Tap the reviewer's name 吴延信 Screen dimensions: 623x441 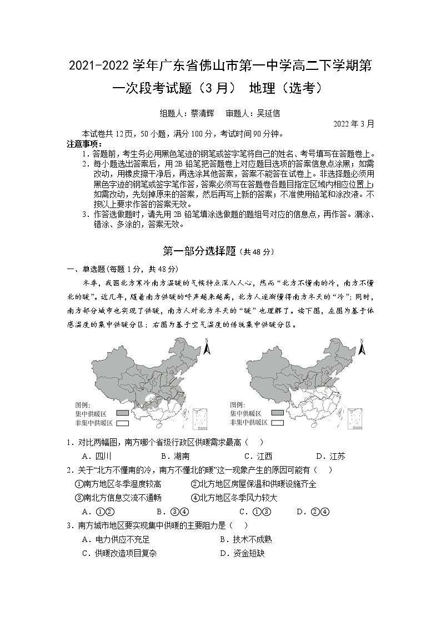[268, 113]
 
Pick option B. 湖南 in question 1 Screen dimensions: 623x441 [175, 457]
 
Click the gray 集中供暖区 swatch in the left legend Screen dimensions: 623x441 [122, 413]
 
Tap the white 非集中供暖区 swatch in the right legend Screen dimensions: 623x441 [278, 423]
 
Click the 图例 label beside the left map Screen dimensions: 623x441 [83, 404]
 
